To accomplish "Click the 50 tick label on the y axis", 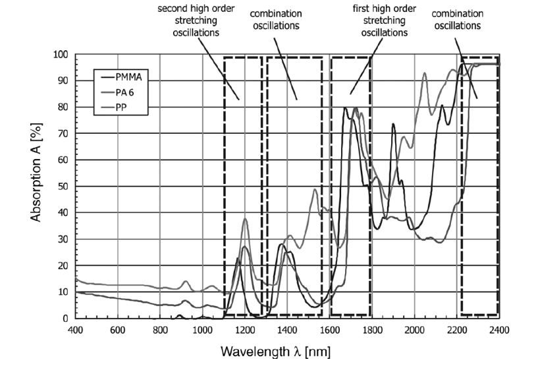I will (x=62, y=186).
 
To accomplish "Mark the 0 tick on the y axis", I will (x=65, y=318).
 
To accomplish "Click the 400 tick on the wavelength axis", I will (x=75, y=329).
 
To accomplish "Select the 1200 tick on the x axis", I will (x=244, y=329).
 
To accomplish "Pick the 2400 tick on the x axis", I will (x=498, y=329).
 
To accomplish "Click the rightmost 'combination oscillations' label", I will (x=456, y=20).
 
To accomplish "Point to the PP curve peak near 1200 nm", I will (x=246, y=219).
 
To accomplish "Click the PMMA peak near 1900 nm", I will (x=393, y=124).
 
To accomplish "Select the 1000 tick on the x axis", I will (x=202, y=329).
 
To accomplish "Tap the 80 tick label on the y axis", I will (x=62, y=107).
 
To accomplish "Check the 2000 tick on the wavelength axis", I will (x=414, y=329).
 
